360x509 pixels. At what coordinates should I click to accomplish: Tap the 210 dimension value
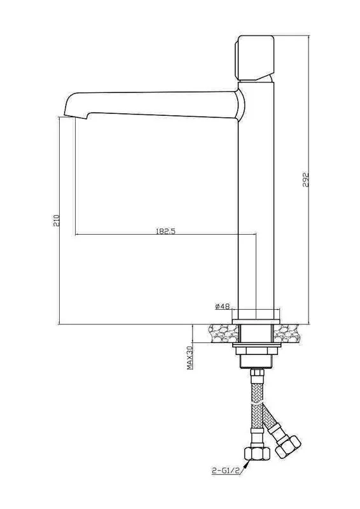(x=57, y=220)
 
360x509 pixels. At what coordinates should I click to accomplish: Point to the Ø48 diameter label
(x=223, y=306)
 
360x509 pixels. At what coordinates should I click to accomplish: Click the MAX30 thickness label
(x=190, y=358)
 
